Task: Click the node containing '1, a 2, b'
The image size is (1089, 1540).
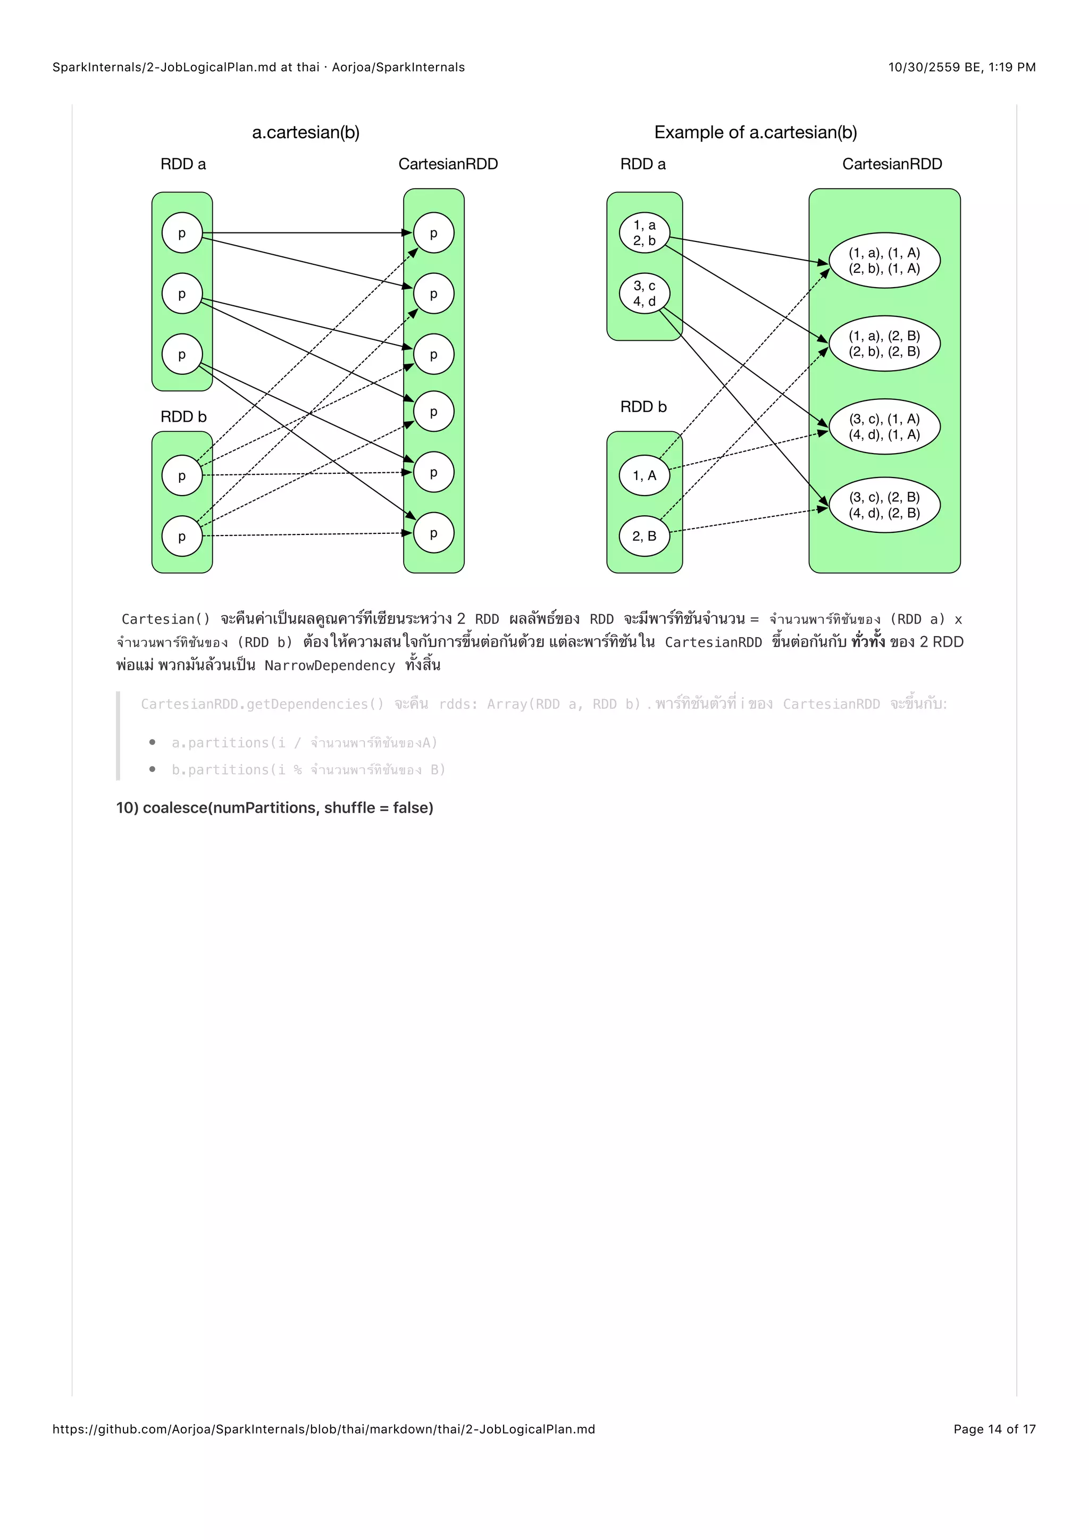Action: coord(644,233)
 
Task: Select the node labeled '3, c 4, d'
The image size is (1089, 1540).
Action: coord(644,293)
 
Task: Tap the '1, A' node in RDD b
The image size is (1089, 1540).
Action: coord(644,475)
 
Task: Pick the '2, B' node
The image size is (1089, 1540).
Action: coord(644,536)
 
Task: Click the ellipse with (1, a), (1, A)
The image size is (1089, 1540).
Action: coord(884,260)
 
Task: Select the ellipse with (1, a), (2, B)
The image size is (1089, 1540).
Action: coord(884,344)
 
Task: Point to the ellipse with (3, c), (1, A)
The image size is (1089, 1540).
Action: coord(884,426)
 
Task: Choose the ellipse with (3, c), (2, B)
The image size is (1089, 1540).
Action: coord(884,505)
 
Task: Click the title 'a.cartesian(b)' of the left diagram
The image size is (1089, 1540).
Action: coord(306,132)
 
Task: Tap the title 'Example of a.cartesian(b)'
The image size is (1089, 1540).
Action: coord(756,132)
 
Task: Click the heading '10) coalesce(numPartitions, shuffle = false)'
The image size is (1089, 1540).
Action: coord(274,808)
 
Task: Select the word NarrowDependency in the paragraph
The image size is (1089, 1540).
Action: coord(329,665)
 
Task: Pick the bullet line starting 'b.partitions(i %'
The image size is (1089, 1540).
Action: coord(308,769)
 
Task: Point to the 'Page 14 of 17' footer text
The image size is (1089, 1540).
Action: coord(994,1429)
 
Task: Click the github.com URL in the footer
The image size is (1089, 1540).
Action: coord(324,1429)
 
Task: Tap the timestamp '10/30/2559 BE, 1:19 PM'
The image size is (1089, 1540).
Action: coord(961,67)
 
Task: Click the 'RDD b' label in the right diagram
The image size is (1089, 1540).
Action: coord(643,406)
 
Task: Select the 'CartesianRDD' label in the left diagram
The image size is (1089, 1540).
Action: coord(448,164)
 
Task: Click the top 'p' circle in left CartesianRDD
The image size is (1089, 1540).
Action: coord(433,233)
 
